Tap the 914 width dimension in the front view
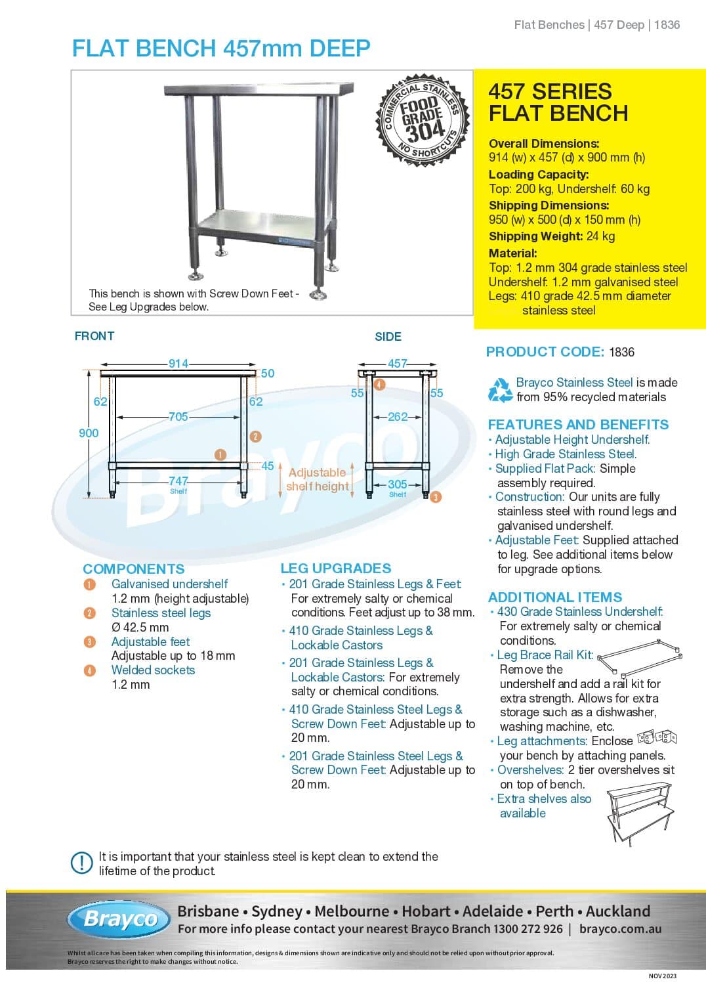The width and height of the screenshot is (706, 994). pos(178,364)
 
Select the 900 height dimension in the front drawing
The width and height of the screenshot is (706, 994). pos(89,433)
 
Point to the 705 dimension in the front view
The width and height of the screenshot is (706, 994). pos(178,417)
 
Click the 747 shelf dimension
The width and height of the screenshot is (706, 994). pos(178,481)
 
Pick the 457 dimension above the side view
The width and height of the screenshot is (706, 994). pos(398,364)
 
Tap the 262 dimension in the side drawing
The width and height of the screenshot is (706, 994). pos(398,417)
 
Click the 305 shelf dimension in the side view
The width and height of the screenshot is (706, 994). pos(398,485)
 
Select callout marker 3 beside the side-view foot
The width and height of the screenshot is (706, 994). pos(436,497)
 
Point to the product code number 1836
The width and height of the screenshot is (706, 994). pos(621,353)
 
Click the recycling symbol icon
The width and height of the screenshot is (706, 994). pos(500,389)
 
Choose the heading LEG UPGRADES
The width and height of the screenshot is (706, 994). pos(335,569)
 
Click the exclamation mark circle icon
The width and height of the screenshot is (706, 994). pos(81,863)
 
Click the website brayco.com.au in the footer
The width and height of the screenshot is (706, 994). pos(620,929)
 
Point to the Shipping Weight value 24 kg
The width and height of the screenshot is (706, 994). pos(600,236)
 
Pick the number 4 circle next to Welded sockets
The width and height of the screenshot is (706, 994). pos(90,670)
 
